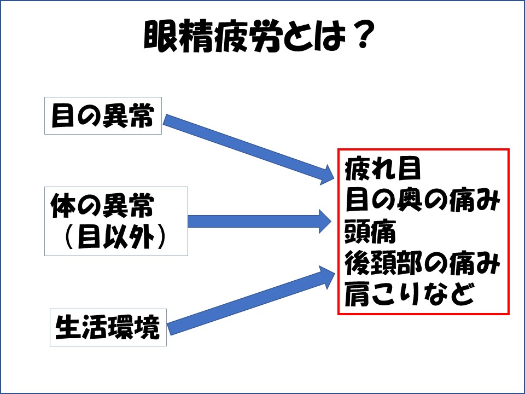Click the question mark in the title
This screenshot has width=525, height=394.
(364, 33)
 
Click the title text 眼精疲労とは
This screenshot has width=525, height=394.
(244, 36)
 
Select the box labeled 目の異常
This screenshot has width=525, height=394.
(103, 115)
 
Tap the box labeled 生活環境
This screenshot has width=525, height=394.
(108, 327)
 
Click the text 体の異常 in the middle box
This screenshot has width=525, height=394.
(102, 205)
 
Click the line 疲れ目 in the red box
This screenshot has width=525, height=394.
(382, 169)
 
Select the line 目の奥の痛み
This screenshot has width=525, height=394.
(423, 200)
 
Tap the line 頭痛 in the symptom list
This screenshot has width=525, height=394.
(370, 231)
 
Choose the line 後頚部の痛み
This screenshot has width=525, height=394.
(423, 263)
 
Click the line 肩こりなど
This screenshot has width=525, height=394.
(410, 294)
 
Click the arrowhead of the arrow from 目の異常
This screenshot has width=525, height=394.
(326, 175)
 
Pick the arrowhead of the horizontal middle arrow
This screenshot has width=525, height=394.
(325, 222)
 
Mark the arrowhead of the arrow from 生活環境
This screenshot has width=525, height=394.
(327, 277)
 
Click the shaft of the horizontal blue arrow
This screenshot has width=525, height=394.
(253, 222)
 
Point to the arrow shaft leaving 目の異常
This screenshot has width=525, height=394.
(242, 144)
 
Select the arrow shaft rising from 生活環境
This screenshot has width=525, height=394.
(244, 304)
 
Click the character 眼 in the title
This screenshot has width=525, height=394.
(161, 36)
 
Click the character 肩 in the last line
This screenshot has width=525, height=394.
(357, 294)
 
